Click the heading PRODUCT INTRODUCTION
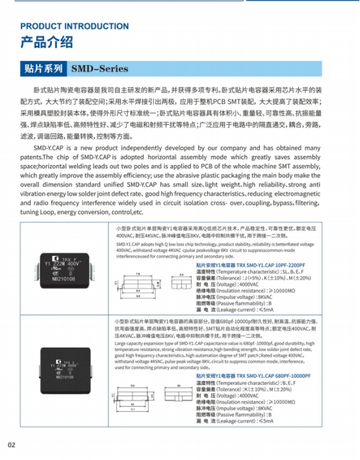click(75, 26)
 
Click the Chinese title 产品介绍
click(47, 42)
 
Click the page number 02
click(12, 445)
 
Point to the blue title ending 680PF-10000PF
click(250, 376)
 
